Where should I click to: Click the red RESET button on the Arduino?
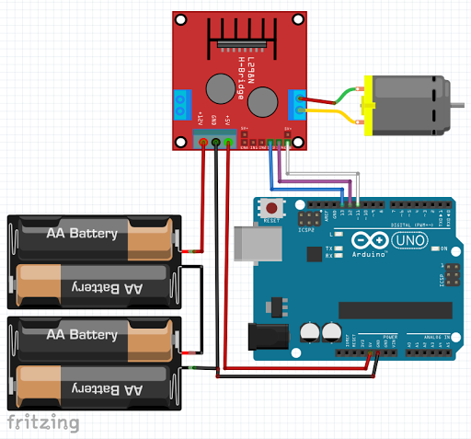pyautogui.click(x=272, y=208)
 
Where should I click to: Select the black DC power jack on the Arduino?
pyautogui.click(x=263, y=336)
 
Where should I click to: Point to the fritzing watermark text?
pyautogui.click(x=42, y=422)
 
